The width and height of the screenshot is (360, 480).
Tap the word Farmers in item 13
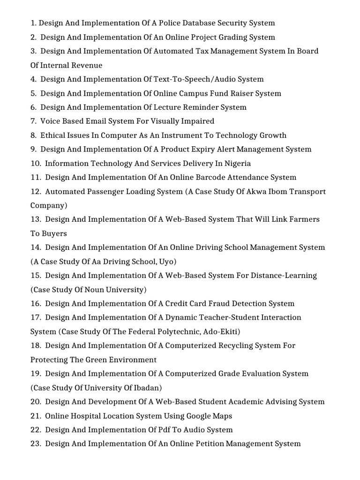click(x=303, y=219)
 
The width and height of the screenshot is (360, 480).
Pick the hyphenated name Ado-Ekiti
click(x=220, y=332)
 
